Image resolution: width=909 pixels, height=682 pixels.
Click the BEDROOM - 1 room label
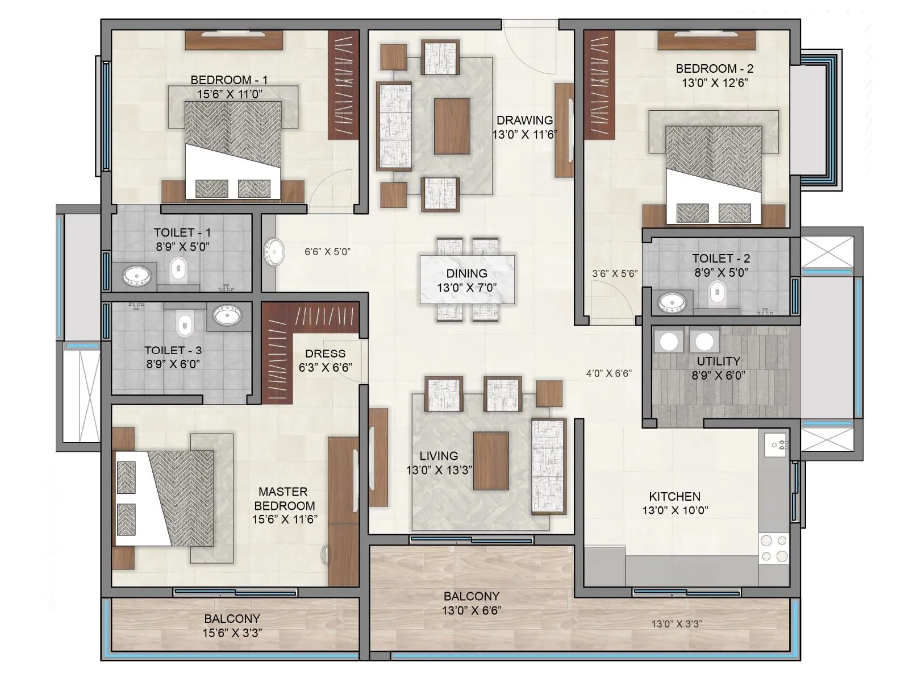(228, 80)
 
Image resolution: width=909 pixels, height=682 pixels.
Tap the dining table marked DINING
(467, 280)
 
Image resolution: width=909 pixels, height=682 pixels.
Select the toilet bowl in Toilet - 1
(178, 268)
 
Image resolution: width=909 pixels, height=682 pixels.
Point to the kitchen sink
(776, 445)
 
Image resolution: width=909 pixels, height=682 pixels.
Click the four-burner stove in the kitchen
(774, 548)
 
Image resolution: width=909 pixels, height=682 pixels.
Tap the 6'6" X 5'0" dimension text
(327, 251)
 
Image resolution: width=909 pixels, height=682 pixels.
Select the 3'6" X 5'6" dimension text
(615, 273)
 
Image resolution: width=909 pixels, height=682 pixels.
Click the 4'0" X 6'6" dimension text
(609, 373)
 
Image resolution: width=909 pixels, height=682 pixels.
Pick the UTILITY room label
(718, 361)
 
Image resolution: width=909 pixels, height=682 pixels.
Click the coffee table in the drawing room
(452, 126)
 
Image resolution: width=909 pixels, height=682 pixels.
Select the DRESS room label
(325, 354)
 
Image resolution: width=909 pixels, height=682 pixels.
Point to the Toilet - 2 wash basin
(672, 301)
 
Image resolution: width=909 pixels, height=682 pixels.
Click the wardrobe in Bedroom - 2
(600, 84)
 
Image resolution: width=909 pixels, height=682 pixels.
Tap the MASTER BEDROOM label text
(284, 498)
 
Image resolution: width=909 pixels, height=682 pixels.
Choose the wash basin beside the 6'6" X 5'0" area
(274, 251)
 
